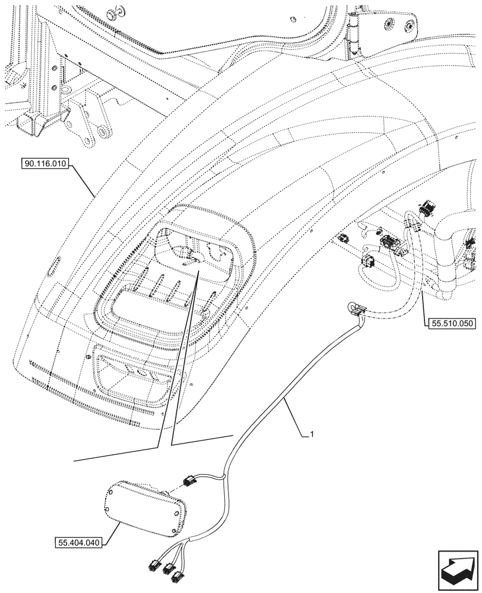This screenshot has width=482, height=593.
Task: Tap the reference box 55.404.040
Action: (80, 542)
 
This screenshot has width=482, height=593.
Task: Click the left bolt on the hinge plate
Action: (389, 24)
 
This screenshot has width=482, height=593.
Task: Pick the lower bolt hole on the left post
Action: (55, 87)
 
